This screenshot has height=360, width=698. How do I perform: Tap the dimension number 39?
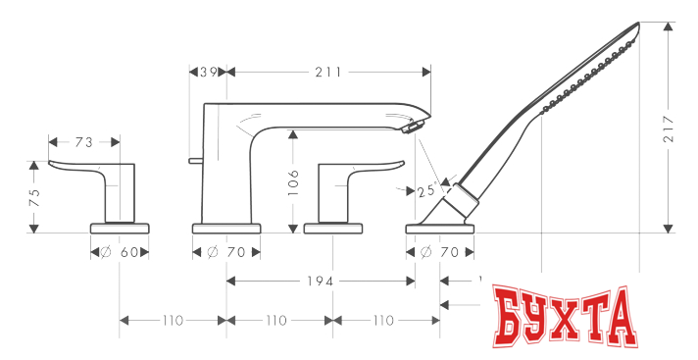pos(208,71)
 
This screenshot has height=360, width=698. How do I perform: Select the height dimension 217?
pos(669,129)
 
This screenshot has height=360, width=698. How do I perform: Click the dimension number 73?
pos(83,142)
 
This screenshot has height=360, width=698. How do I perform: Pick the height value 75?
pos(34,195)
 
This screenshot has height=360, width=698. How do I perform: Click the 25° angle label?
pos(425,191)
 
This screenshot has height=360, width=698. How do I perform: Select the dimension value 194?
pos(320,282)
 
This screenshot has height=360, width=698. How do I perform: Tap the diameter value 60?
pos(128,252)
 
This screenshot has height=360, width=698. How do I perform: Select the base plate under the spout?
pos(226,228)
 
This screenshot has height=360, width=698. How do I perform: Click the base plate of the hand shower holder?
pos(440,228)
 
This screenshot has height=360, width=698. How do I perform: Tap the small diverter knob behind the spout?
pos(195,158)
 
